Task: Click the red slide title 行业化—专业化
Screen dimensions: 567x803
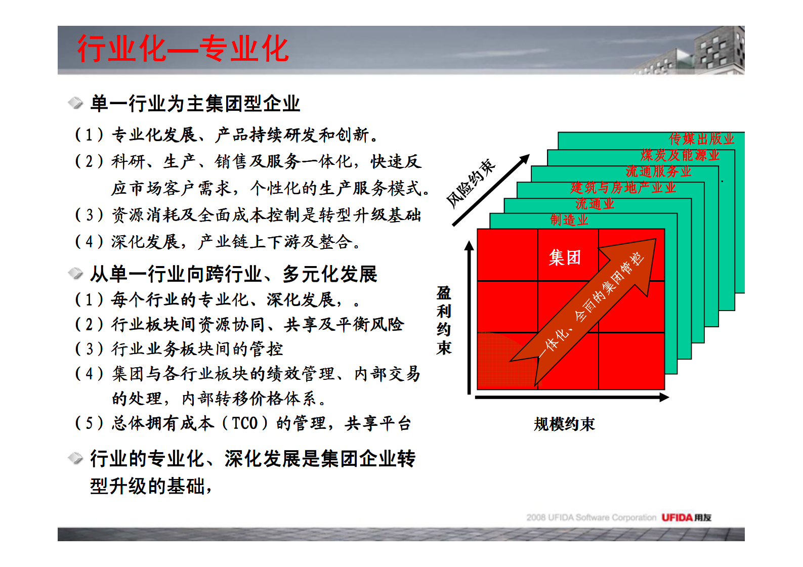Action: (183, 49)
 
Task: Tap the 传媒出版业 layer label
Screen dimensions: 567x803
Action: (701, 139)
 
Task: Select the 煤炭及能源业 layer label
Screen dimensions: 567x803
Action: (680, 155)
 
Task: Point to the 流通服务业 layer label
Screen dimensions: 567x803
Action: (658, 171)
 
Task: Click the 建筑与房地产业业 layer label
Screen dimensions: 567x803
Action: (623, 188)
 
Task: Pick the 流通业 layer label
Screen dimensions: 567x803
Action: (595, 204)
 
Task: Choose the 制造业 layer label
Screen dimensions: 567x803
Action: (569, 220)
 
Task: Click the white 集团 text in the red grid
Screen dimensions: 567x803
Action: (565, 257)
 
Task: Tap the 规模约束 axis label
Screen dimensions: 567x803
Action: (564, 424)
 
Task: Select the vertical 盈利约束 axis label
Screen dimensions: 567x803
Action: (444, 320)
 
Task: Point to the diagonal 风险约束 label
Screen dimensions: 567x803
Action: (471, 183)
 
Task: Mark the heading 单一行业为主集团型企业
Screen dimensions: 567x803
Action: (195, 104)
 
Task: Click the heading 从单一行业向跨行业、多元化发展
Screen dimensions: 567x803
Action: (233, 274)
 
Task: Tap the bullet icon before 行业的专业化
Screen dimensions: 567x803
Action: (75, 458)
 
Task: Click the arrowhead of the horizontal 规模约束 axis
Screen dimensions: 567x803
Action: (664, 398)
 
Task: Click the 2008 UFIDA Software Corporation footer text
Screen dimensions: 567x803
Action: (591, 517)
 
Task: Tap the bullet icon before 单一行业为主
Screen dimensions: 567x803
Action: (75, 103)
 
